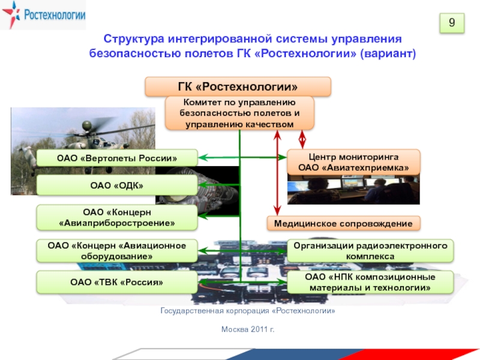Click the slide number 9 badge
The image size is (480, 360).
[x=454, y=23]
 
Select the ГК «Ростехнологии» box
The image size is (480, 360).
[x=238, y=86]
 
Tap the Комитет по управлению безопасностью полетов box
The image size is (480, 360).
[x=239, y=113]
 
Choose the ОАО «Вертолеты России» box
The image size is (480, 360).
[x=117, y=158]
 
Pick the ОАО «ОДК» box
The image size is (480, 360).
[x=117, y=185]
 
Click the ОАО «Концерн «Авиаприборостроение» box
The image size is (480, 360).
[x=117, y=218]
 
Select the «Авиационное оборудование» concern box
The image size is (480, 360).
[x=117, y=251]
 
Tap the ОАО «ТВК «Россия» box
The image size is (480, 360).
[x=117, y=282]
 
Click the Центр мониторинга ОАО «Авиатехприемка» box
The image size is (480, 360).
[x=353, y=162]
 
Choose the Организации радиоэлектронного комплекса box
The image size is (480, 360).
[x=370, y=251]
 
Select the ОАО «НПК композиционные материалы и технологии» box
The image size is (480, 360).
[x=370, y=282]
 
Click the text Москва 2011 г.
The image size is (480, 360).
[x=248, y=329]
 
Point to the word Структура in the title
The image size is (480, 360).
[x=130, y=40]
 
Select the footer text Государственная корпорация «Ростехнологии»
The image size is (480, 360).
[x=247, y=312]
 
